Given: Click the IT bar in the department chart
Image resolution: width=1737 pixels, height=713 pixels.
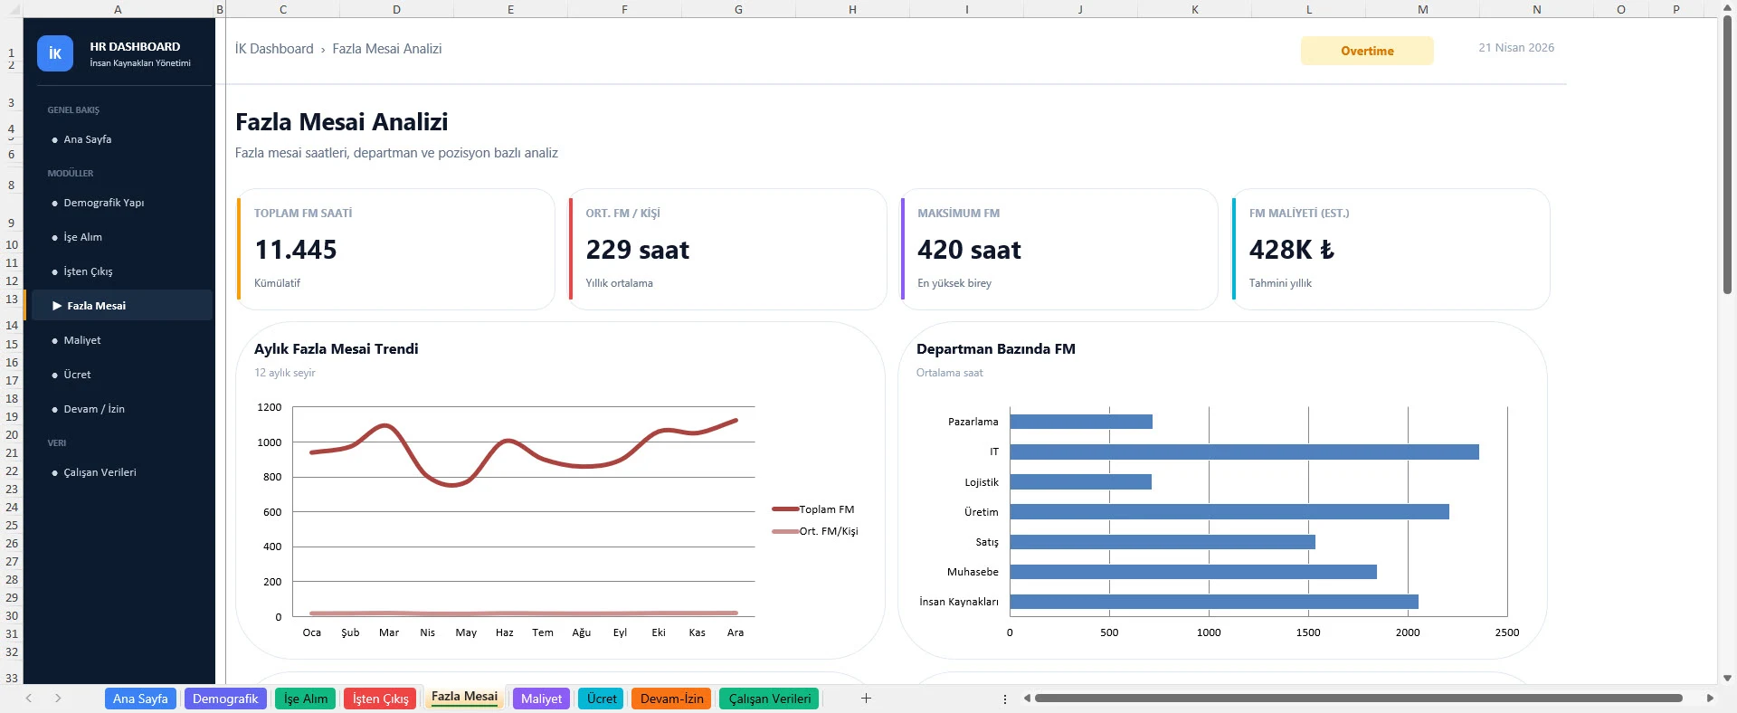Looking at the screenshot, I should tap(1243, 452).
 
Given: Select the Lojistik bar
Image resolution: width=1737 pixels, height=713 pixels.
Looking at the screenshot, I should tap(1080, 481).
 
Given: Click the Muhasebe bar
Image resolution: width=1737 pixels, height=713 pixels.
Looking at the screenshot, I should tap(1192, 572).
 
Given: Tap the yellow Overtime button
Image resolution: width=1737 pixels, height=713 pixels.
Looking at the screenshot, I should tap(1366, 51).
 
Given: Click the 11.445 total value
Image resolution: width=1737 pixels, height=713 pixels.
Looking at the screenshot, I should tap(296, 250).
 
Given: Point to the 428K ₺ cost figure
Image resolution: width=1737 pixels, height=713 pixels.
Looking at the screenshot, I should tap(1291, 250).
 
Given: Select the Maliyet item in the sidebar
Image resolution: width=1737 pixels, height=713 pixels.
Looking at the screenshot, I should tap(82, 340).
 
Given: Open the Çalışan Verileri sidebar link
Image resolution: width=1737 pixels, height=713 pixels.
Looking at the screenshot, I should tap(100, 472).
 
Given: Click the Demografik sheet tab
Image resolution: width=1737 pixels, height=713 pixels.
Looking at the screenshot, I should tap(225, 699).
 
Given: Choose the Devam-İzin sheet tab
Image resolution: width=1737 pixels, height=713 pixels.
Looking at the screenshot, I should tap(671, 699).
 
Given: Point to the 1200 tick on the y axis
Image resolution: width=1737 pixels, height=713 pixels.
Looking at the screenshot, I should tap(270, 407).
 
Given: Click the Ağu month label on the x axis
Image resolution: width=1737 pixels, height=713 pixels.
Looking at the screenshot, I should tap(581, 632).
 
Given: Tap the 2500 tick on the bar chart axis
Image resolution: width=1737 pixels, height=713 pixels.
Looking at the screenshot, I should tap(1506, 632).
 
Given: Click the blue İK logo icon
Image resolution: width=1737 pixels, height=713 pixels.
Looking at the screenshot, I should tap(54, 53).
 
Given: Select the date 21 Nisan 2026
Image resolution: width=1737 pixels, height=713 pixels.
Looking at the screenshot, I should tap(1516, 48).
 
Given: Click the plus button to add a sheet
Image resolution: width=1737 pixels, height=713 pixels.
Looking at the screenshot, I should tap(866, 699).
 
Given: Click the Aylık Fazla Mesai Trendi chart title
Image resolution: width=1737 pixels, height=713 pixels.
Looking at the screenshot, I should tap(336, 349).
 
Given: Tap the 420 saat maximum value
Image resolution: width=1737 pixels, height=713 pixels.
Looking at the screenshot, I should tap(969, 250).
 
